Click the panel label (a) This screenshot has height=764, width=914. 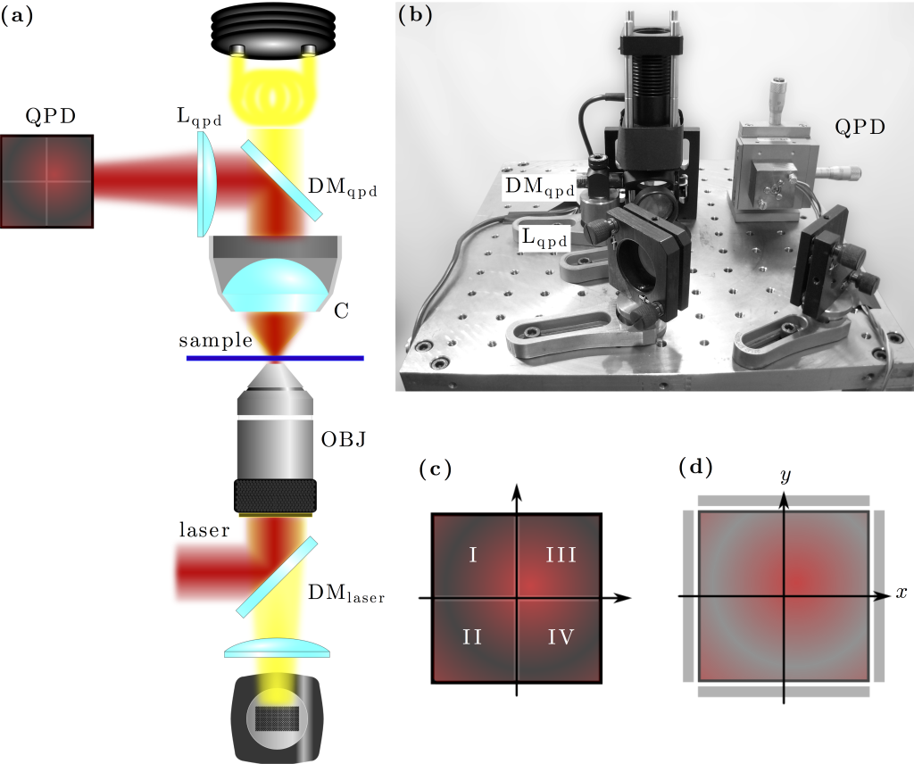click(17, 16)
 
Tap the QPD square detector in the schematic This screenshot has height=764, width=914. click(46, 181)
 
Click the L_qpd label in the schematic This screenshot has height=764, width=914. click(198, 117)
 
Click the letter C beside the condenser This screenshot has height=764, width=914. click(341, 311)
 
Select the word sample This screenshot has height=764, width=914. click(216, 342)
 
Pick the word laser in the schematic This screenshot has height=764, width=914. click(204, 530)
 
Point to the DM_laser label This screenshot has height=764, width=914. click(345, 593)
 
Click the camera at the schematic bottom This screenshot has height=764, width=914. click(275, 718)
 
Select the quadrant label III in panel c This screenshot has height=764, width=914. click(561, 555)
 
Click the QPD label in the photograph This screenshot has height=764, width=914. click(860, 127)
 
